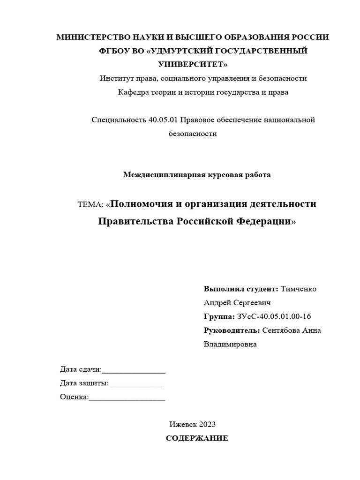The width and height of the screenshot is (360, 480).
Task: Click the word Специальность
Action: coord(119,120)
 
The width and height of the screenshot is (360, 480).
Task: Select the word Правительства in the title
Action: coord(136,221)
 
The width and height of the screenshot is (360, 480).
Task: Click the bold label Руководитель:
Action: coord(232,330)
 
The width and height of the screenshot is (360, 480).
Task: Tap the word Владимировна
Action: coord(230,345)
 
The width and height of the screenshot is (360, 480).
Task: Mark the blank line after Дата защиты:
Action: coord(136,384)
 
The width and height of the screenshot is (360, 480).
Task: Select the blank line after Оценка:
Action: coord(127,398)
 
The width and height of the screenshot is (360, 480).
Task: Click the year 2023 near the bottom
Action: coord(207,425)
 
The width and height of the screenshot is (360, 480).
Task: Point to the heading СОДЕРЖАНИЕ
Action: coord(197,439)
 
